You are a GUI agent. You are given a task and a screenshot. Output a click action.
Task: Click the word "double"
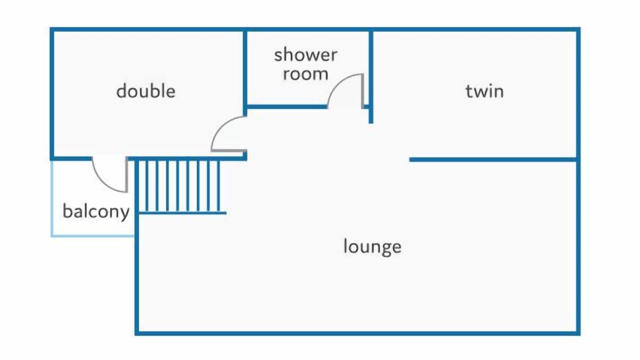coord(145,91)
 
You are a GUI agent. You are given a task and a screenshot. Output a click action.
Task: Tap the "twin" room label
coord(484,91)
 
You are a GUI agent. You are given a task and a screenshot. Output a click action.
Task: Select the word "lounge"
coord(372,246)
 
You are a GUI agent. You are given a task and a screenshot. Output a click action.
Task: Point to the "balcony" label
coord(96,211)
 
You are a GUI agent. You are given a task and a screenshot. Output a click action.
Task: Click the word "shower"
coord(305,54)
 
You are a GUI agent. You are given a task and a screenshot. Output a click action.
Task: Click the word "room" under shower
coord(305,74)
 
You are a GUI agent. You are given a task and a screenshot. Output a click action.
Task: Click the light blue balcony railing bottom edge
coord(93,235)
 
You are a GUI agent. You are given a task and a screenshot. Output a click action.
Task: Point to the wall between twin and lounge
coord(492,159)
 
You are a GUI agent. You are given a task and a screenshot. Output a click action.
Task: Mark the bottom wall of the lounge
coord(357,332)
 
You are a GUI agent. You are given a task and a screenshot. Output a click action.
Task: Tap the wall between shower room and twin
coord(370,70)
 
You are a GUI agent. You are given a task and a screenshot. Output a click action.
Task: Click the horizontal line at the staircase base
coord(182,213)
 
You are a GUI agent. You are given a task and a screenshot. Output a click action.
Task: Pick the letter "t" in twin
coord(468,91)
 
